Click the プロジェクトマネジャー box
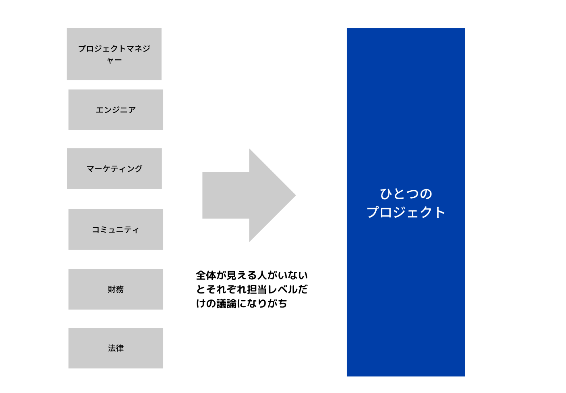tap(114, 54)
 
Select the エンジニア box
tap(116, 110)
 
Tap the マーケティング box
tap(114, 168)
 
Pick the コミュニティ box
tap(116, 229)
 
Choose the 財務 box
tap(116, 289)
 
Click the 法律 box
tap(116, 348)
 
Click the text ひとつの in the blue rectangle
tap(406, 194)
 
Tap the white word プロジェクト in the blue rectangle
tap(406, 212)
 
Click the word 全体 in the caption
tap(206, 275)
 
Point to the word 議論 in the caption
tap(226, 304)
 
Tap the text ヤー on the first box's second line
tap(114, 60)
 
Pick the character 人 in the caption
tap(262, 275)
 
